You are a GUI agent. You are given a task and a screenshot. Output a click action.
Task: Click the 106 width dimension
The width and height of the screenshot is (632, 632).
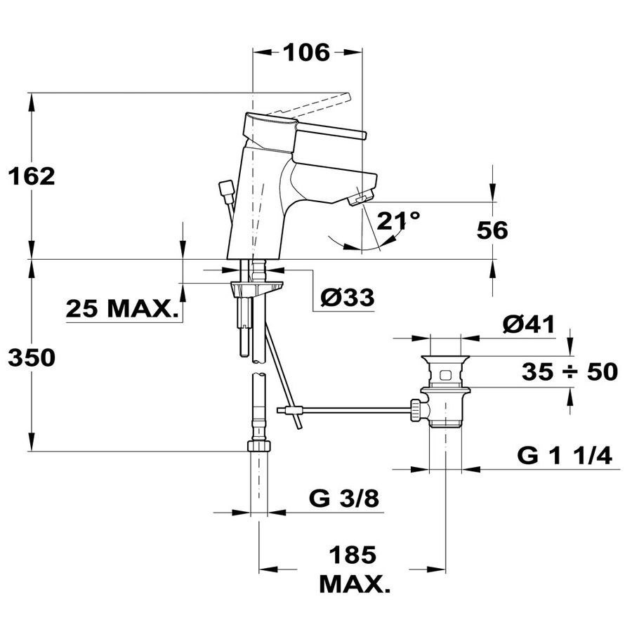[307, 53]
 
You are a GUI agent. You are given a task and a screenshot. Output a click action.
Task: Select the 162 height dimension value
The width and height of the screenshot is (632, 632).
[32, 176]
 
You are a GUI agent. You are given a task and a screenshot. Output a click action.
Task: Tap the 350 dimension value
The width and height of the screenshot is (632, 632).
[32, 357]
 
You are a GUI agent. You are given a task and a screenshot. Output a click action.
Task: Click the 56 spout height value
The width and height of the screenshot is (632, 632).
[492, 230]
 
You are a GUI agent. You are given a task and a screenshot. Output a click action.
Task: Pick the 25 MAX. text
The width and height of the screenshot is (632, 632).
[122, 309]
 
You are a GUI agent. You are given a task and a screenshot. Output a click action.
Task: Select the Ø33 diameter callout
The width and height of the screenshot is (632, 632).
[348, 298]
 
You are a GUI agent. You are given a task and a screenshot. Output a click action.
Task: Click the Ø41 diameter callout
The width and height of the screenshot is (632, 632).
[528, 324]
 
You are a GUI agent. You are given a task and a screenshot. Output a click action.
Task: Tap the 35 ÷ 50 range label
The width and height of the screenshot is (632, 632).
[570, 371]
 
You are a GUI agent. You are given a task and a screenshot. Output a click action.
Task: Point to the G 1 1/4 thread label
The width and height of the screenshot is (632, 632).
[565, 456]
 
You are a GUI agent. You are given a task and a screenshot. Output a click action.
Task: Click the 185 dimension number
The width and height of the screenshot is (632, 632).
[353, 555]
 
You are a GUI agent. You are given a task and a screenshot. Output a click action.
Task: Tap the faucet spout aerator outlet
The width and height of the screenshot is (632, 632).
[362, 199]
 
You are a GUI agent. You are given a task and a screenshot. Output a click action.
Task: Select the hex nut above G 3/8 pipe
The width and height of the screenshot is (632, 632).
[258, 446]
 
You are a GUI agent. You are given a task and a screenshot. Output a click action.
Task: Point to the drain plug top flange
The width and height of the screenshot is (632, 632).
[445, 358]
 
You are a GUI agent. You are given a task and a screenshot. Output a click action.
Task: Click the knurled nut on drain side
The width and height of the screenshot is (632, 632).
[415, 410]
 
